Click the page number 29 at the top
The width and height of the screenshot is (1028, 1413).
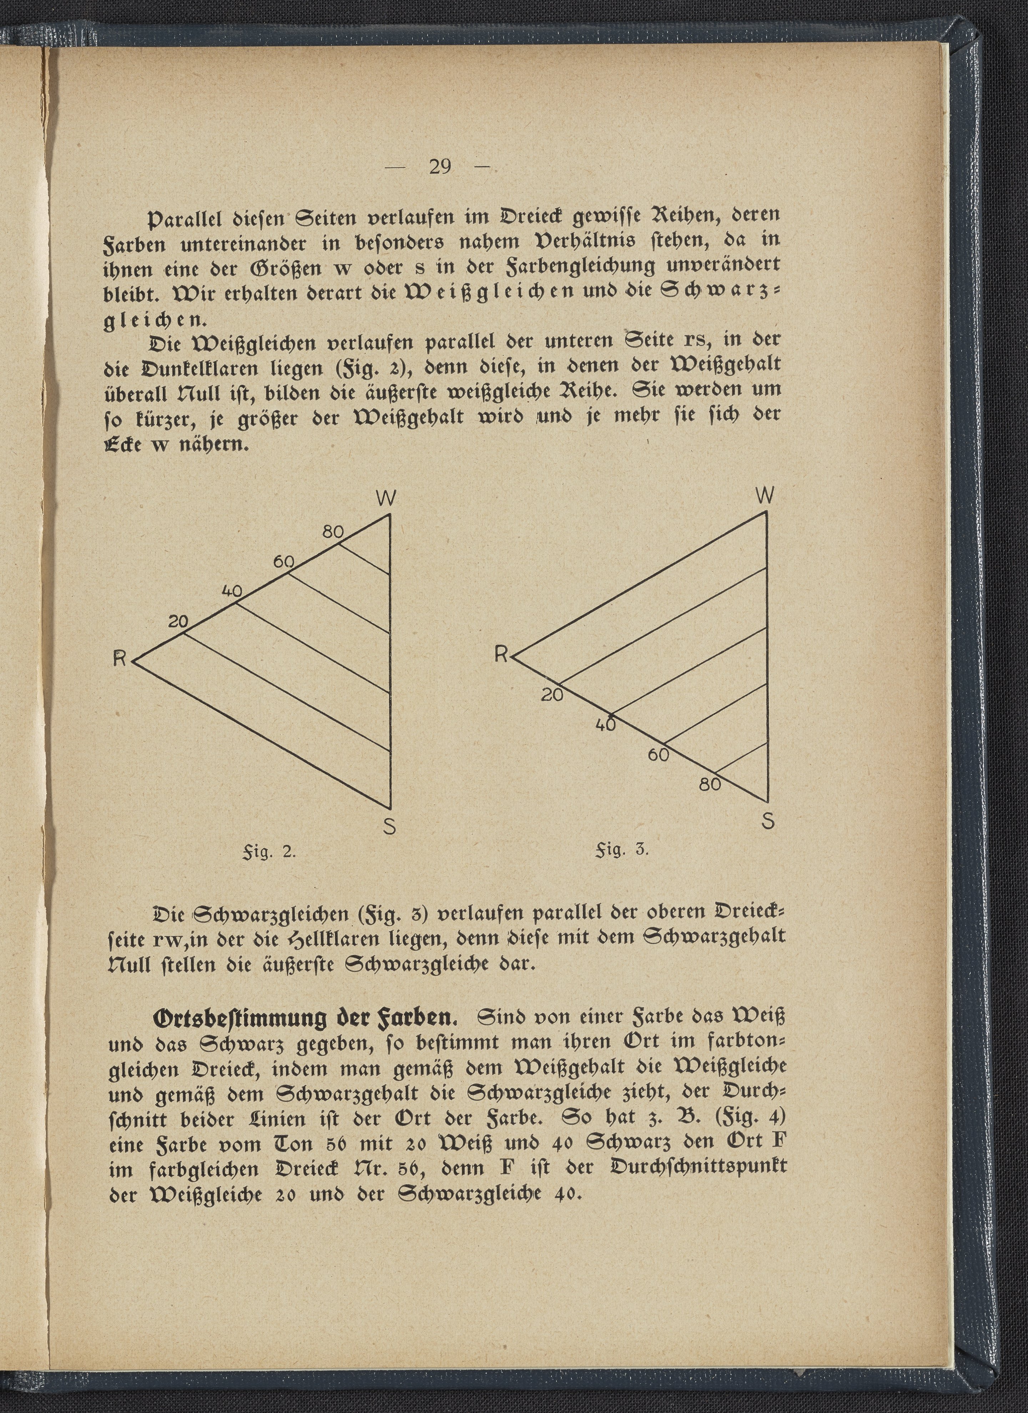(440, 166)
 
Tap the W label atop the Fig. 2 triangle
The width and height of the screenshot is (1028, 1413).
(386, 498)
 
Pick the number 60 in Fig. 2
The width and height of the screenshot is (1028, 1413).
(283, 561)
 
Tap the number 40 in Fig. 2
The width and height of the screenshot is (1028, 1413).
(232, 591)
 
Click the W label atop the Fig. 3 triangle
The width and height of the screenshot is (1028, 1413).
(765, 496)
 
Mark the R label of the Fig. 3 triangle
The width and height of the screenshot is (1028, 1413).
(501, 654)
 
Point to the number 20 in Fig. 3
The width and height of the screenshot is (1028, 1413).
(552, 695)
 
